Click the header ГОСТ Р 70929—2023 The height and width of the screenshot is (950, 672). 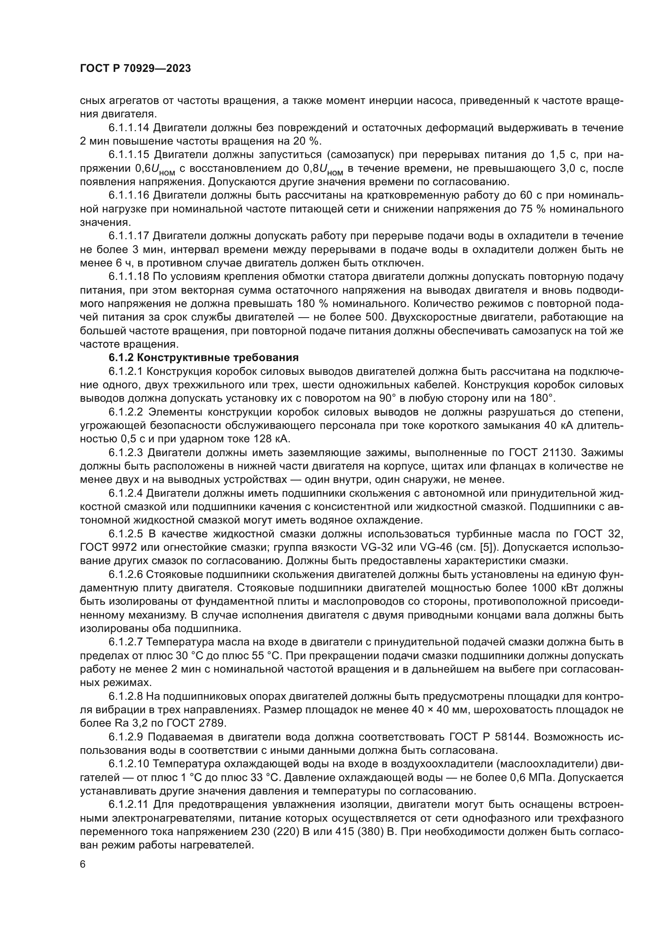(135, 69)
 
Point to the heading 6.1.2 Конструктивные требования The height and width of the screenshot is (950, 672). (204, 358)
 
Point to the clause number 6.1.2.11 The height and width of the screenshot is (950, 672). (129, 804)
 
